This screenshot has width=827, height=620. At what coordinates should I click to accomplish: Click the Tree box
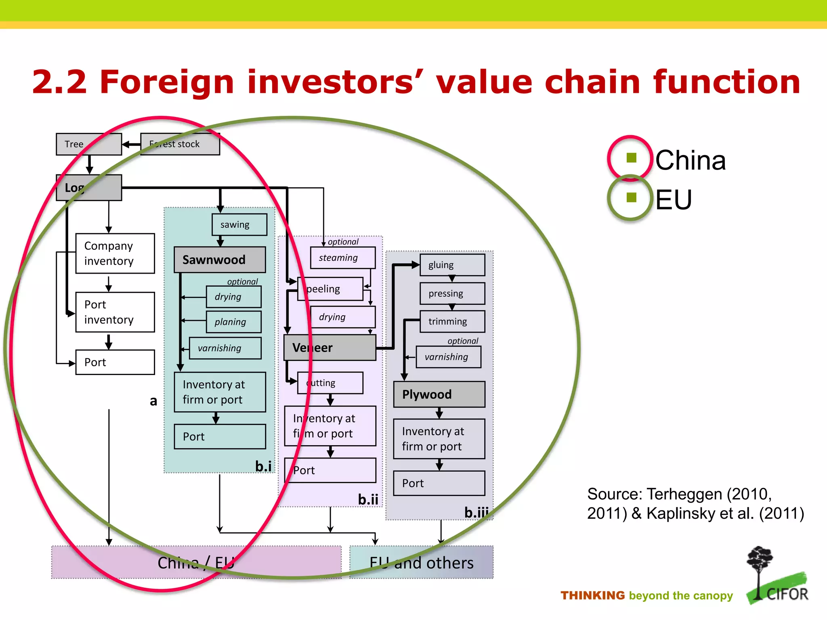pos(89,144)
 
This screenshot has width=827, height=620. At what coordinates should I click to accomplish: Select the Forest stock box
pos(180,144)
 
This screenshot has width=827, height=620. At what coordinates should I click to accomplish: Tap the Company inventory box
pos(115,253)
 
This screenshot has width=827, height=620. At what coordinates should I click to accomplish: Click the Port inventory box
pos(115,312)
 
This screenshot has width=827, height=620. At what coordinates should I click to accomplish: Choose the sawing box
pos(239,224)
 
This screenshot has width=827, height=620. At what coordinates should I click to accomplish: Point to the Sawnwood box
pos(220,260)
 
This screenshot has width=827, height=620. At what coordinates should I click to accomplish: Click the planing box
pos(233,322)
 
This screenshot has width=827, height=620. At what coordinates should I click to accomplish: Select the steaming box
pos(342,258)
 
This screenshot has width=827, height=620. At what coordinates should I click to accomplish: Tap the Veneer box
pos(330,348)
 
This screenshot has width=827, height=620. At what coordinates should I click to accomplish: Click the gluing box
pos(452,265)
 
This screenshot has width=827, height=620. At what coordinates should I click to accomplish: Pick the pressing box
pos(452,293)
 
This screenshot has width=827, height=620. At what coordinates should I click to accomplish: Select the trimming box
pos(452,321)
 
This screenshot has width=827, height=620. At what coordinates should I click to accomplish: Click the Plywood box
pos(439,394)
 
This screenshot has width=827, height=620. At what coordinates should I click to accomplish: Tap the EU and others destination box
pos(421,562)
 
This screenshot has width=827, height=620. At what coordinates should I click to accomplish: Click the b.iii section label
pos(476,512)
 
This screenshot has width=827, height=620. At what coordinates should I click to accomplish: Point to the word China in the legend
pos(690,160)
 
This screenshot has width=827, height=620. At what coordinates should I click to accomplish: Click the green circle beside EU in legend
pos(630,198)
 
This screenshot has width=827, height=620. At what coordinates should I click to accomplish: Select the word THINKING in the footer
pos(592,595)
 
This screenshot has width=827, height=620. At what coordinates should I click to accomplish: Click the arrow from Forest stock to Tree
pos(131,144)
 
